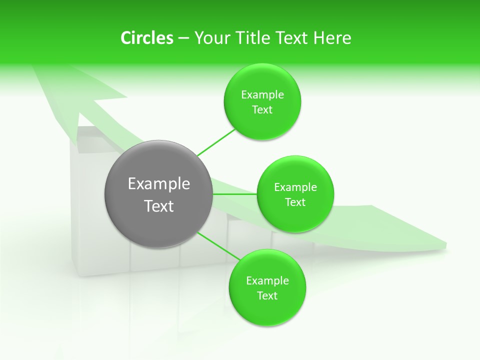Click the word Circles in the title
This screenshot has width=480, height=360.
(147, 38)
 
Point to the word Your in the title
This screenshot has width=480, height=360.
(210, 38)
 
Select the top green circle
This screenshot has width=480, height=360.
(262, 125)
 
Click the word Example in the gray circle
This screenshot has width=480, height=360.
(159, 184)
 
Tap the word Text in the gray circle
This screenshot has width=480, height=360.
(159, 206)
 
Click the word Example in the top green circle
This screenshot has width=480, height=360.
(262, 95)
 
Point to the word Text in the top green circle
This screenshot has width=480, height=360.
(262, 110)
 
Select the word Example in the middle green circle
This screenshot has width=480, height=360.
(295, 187)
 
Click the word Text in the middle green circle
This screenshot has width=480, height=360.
(295, 202)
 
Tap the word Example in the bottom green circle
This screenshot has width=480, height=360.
(267, 281)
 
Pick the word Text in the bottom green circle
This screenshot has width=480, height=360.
(267, 296)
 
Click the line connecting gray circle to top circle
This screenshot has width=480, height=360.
(216, 142)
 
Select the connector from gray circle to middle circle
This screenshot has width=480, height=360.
(234, 194)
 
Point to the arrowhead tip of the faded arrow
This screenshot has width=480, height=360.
(35, 67)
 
